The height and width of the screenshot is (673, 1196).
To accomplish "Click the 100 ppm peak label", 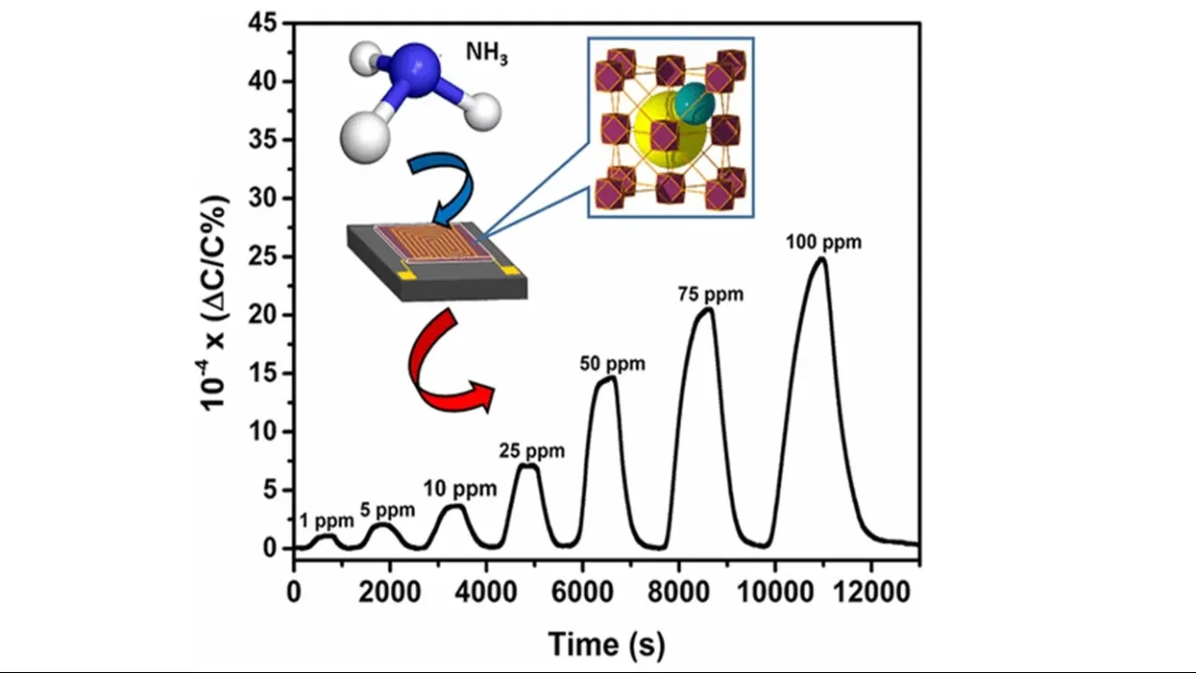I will pos(822,242).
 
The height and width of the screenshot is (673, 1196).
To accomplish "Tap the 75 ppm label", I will pos(710,294).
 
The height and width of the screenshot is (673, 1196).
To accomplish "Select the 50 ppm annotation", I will pos(612,364).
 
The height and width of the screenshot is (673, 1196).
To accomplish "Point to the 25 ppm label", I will pos(532,451).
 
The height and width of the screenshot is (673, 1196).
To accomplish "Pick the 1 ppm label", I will pos(327,521).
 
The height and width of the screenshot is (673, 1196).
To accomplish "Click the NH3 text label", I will pos(487,52).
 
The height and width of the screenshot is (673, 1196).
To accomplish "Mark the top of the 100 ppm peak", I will pos(820,258).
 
